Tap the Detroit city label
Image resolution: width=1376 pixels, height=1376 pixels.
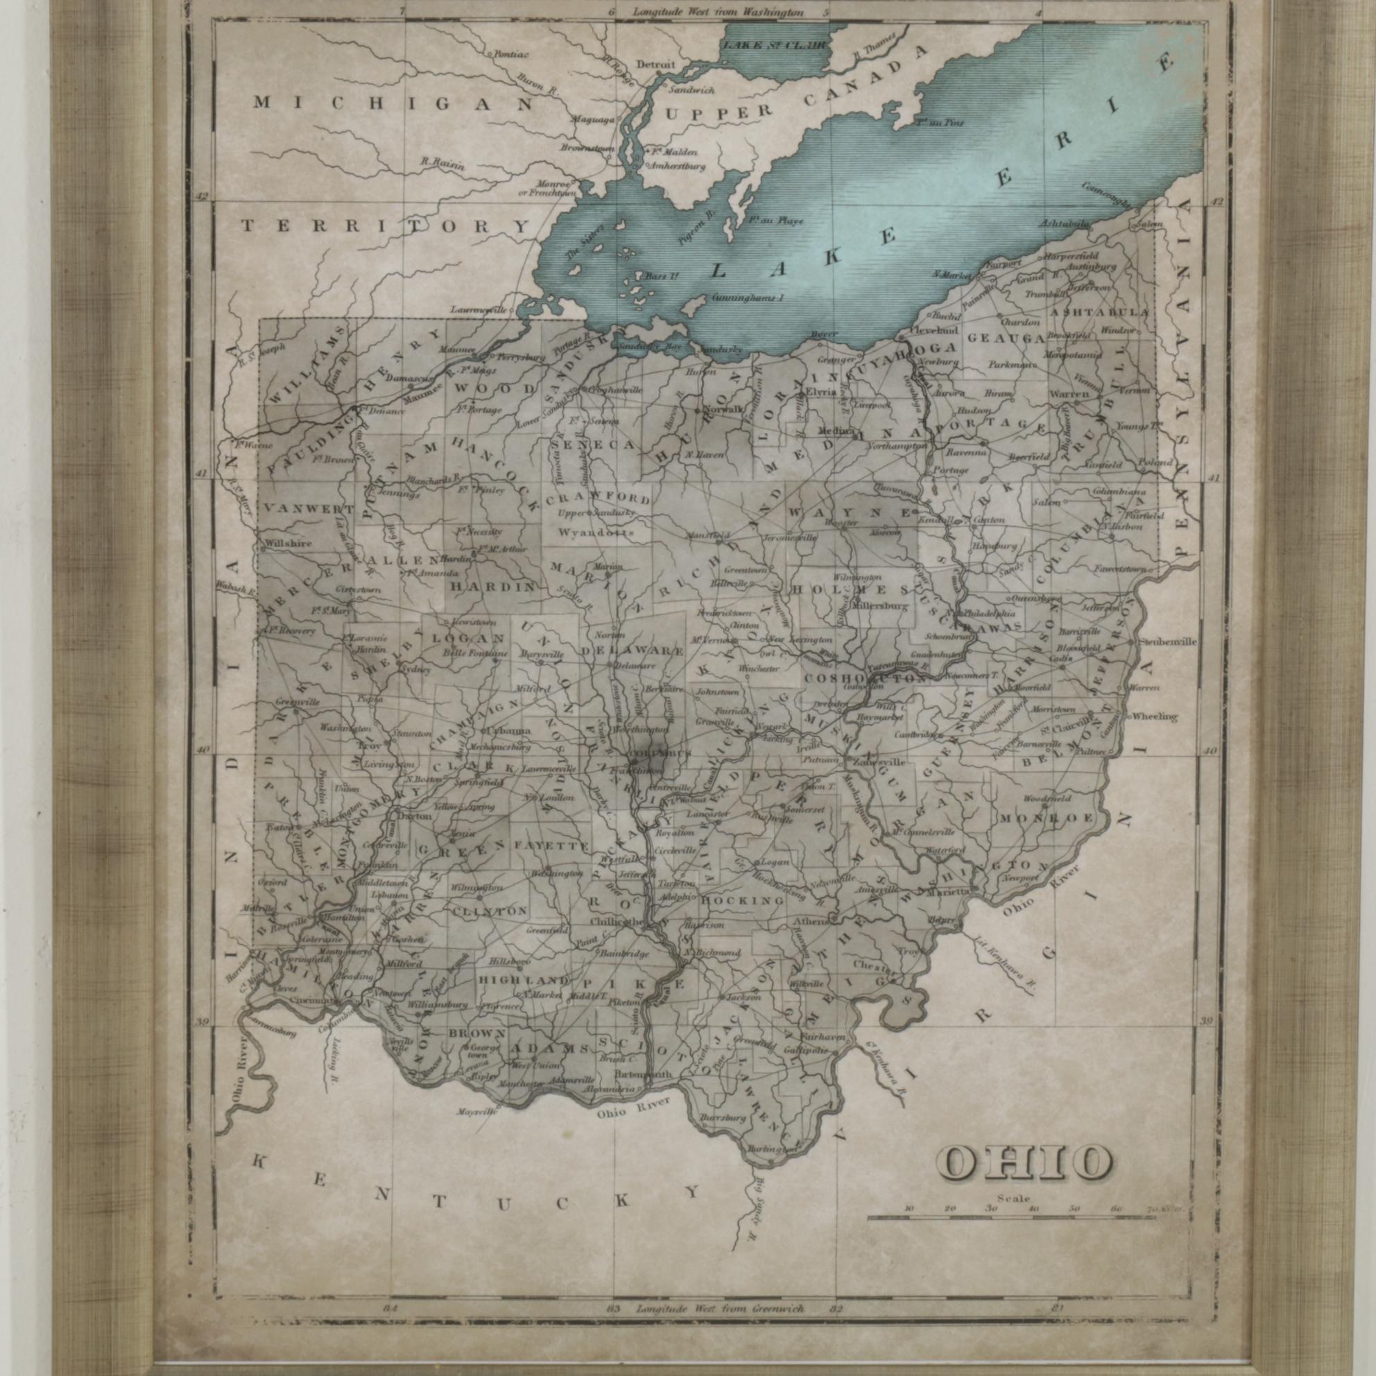pos(655,64)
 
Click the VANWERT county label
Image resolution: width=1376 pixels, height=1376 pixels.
pos(308,509)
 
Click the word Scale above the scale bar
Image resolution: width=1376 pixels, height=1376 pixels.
pos(1013,1198)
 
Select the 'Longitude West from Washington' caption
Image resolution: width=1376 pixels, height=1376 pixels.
pos(717,12)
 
